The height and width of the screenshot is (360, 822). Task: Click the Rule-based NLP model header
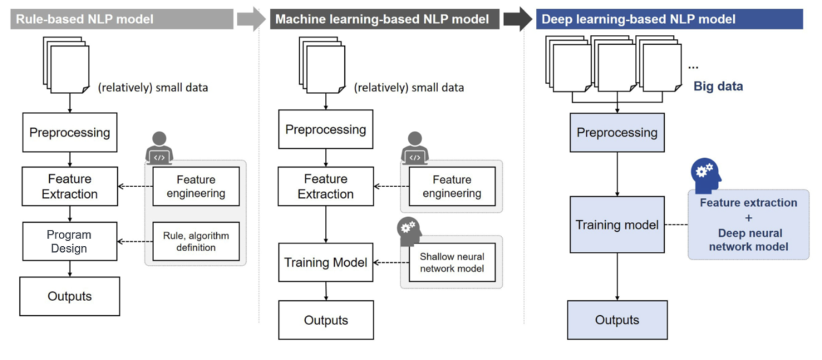(x=122, y=19)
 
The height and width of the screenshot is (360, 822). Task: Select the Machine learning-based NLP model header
(x=384, y=19)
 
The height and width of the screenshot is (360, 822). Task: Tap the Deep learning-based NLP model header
(x=669, y=19)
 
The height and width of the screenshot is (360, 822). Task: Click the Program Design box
(x=70, y=241)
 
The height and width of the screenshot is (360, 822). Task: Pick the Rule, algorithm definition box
(x=196, y=241)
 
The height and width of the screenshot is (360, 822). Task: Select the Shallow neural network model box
(x=452, y=262)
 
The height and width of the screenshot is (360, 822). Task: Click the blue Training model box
(x=617, y=225)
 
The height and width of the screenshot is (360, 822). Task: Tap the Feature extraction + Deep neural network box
(x=749, y=225)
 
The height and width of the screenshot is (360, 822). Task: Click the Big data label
(x=718, y=86)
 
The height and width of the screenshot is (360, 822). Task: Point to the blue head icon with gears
(x=706, y=175)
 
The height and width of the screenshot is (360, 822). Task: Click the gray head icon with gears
(x=409, y=231)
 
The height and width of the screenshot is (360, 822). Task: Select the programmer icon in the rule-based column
(x=159, y=148)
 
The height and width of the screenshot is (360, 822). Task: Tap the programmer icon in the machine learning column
(x=415, y=148)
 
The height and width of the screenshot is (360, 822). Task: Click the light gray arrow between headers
(x=251, y=19)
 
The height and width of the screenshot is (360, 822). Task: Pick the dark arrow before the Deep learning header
(x=517, y=19)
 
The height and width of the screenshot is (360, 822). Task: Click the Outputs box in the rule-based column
(x=70, y=296)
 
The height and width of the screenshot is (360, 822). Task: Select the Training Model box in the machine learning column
(x=326, y=262)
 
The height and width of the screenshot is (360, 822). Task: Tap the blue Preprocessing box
(x=617, y=133)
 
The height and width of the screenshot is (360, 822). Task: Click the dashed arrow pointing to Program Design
(x=135, y=241)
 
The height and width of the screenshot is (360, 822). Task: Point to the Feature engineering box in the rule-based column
(x=196, y=186)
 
